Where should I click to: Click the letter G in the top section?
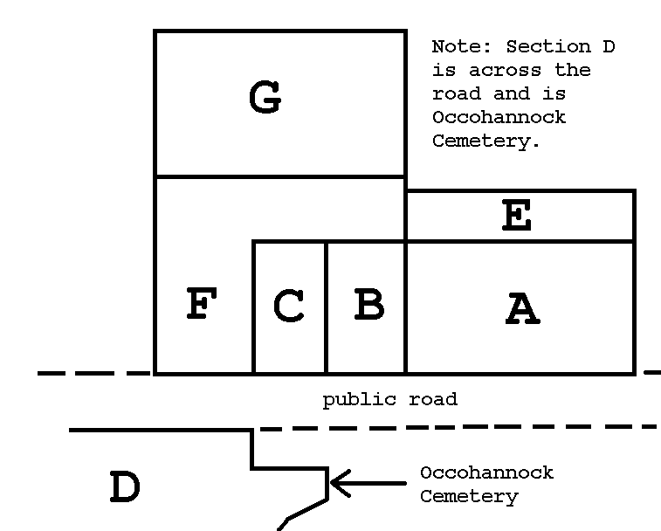coord(265,97)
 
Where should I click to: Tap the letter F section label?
coord(202,303)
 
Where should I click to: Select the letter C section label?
coord(289,306)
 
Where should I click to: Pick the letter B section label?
coord(369,304)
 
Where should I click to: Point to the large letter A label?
coord(523,308)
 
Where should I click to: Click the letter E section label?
coord(517,215)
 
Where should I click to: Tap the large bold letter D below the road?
coord(125,486)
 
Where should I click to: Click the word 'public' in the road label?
coord(360,400)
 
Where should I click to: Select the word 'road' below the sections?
coord(433,399)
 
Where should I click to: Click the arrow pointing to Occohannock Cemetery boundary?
coord(368,483)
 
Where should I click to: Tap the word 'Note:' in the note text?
coord(462,46)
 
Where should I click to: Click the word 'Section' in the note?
coord(548,46)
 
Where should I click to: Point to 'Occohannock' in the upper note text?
coord(499,117)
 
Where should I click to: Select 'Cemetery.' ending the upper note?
coord(485,141)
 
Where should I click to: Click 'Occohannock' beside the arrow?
coord(487,472)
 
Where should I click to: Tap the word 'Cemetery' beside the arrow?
coord(469,497)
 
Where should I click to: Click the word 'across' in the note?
coord(505,71)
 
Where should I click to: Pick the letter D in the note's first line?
coord(609,46)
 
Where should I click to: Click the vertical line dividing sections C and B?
coord(327,307)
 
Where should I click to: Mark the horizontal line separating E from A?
coord(520,241)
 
